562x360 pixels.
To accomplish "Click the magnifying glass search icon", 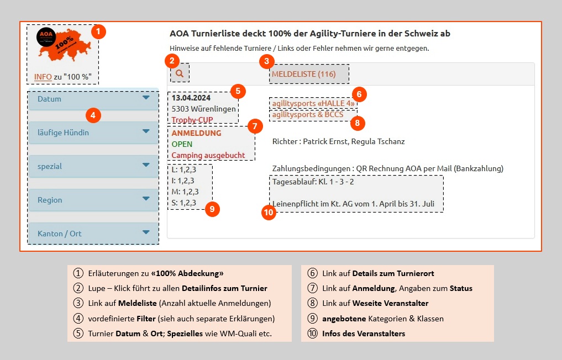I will pyautogui.click(x=179, y=73).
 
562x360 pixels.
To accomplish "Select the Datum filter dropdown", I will pyautogui.click(x=93, y=99).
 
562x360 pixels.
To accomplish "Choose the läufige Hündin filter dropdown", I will pyautogui.click(x=93, y=133).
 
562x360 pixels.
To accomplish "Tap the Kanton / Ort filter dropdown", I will pyautogui.click(x=93, y=234).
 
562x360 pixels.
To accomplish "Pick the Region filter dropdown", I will pyautogui.click(x=93, y=200).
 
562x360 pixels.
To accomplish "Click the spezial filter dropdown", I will pyautogui.click(x=93, y=166).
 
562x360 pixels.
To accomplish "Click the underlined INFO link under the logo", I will pyautogui.click(x=43, y=77).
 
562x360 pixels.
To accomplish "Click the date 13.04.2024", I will pyautogui.click(x=191, y=98).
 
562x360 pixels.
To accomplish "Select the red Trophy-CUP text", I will pyautogui.click(x=192, y=120).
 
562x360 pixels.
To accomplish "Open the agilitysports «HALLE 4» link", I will pyautogui.click(x=313, y=103).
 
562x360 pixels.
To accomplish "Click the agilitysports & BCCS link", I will pyautogui.click(x=307, y=115).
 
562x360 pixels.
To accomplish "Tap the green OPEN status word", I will pyautogui.click(x=182, y=144).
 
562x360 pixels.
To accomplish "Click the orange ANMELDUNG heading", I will pyautogui.click(x=196, y=133).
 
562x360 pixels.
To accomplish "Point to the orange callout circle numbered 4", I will pyautogui.click(x=93, y=115).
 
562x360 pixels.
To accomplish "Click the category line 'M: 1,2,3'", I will pyautogui.click(x=185, y=192).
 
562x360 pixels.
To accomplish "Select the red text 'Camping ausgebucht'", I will pyautogui.click(x=208, y=155).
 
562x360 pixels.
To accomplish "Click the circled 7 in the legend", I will pyautogui.click(x=312, y=288).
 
